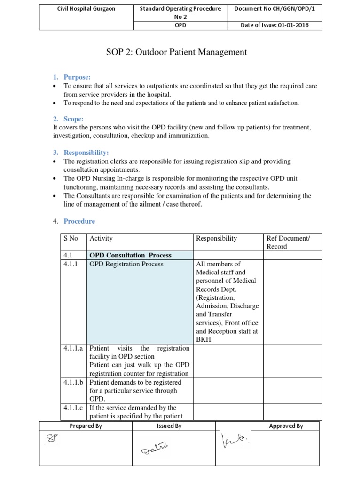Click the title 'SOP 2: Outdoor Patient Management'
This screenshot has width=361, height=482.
pyautogui.click(x=177, y=52)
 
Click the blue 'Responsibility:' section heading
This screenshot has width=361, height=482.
pyautogui.click(x=86, y=153)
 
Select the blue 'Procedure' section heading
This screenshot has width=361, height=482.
pyautogui.click(x=79, y=221)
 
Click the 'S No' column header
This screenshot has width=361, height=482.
pyautogui.click(x=71, y=239)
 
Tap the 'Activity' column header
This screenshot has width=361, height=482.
pyautogui.click(x=101, y=239)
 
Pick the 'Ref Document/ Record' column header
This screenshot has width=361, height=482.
pyautogui.click(x=288, y=242)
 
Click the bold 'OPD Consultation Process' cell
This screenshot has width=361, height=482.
pyautogui.click(x=131, y=255)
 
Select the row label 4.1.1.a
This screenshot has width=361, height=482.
pyautogui.click(x=74, y=348)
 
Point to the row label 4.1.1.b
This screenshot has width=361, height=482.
pyautogui.click(x=74, y=382)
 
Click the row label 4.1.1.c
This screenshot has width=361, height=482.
pyautogui.click(x=74, y=408)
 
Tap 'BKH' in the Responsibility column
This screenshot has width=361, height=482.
pyautogui.click(x=204, y=339)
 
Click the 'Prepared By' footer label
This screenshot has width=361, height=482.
pyautogui.click(x=86, y=426)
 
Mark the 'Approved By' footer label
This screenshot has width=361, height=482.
pyautogui.click(x=286, y=426)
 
